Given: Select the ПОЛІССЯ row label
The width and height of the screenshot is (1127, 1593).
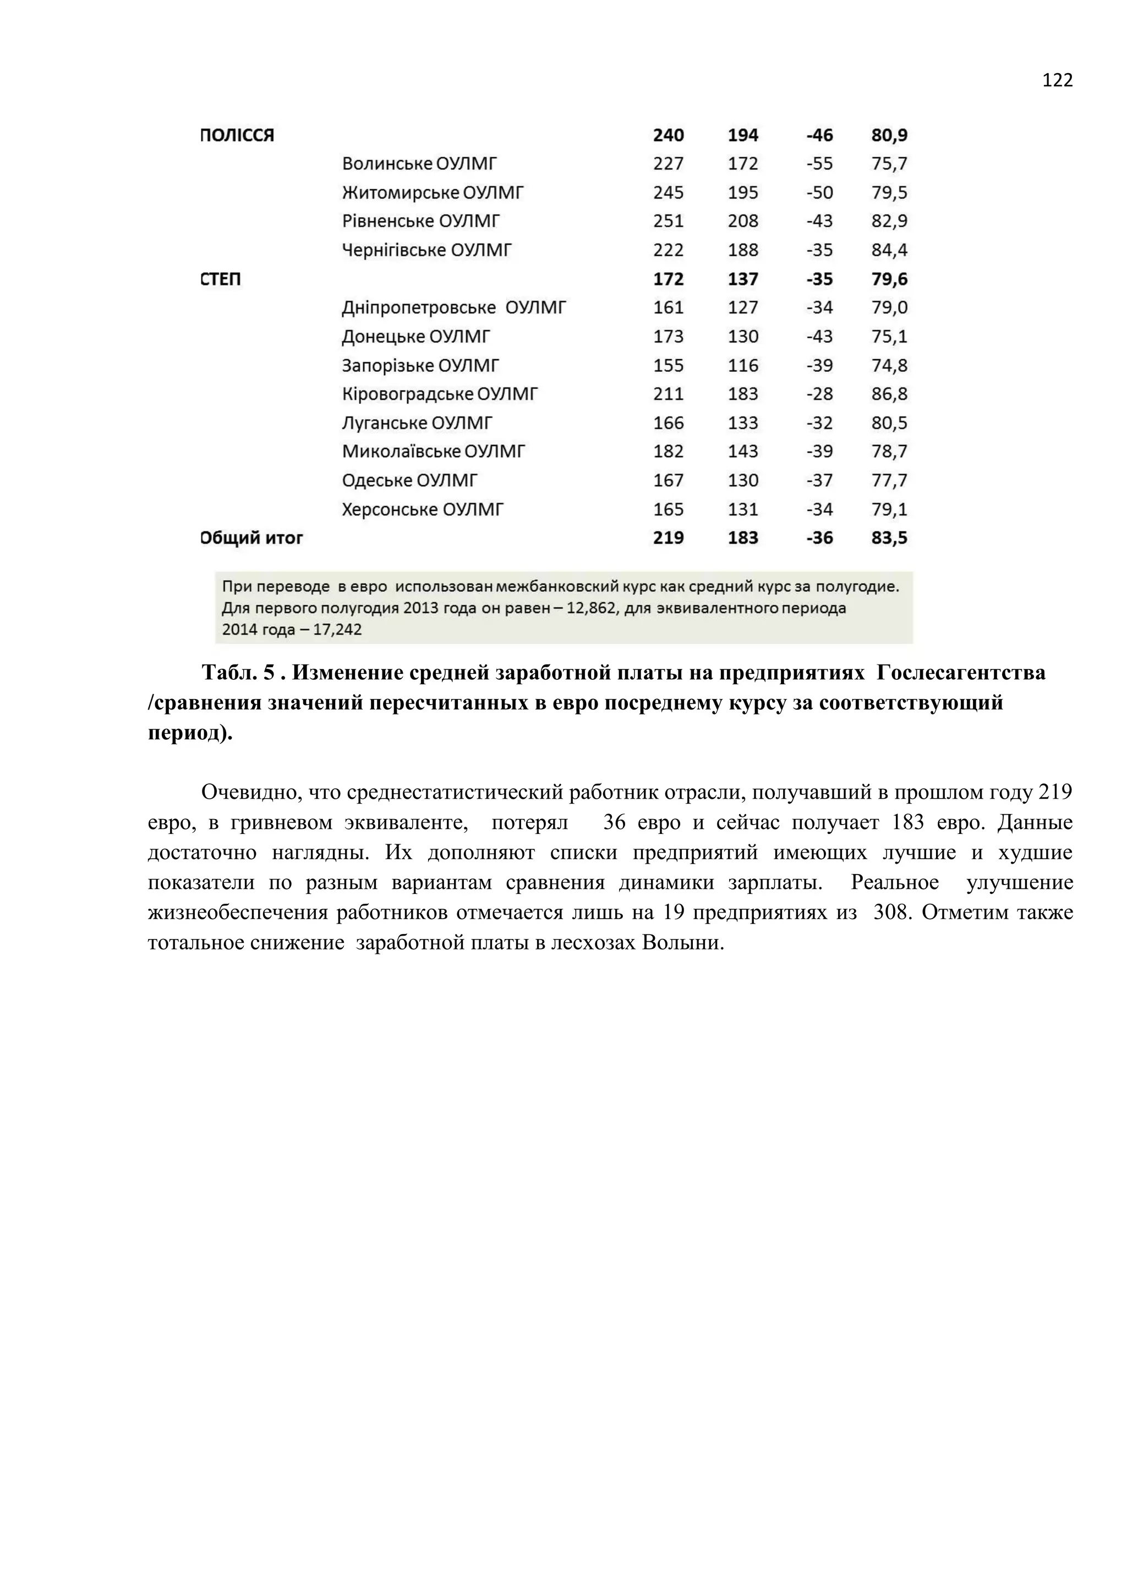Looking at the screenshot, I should click(237, 135).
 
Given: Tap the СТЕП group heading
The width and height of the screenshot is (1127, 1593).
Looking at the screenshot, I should click(221, 279).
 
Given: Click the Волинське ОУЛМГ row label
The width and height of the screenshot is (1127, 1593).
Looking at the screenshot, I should click(419, 164).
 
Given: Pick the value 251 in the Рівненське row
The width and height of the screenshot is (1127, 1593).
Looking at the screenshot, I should click(668, 221).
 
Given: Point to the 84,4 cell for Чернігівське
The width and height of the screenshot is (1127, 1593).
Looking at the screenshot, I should click(889, 250).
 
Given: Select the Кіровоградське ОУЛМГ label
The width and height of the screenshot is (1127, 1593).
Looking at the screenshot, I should click(439, 394).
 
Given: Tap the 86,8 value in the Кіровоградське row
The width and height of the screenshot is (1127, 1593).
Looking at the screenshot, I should click(889, 394).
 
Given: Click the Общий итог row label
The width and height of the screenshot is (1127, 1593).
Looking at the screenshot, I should click(252, 538).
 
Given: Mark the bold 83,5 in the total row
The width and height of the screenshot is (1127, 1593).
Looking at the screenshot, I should click(889, 538).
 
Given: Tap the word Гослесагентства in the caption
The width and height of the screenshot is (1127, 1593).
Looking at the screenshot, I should click(960, 672).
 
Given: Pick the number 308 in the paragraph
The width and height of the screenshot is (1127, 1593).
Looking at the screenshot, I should click(891, 913).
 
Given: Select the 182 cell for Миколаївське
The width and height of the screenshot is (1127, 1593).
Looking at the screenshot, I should click(668, 452).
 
